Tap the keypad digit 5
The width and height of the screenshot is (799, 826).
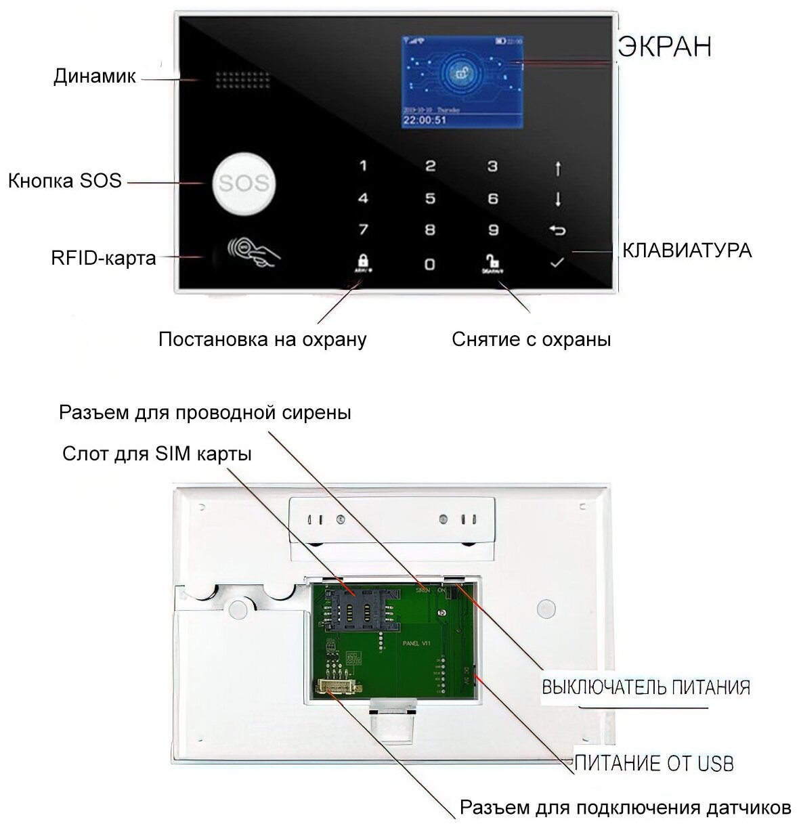pyautogui.click(x=429, y=198)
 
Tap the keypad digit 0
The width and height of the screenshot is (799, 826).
pyautogui.click(x=429, y=263)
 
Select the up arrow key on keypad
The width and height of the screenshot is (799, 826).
pyautogui.click(x=557, y=167)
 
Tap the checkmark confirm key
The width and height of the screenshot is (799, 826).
pyautogui.click(x=557, y=262)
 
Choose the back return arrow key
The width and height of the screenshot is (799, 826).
pyautogui.click(x=557, y=231)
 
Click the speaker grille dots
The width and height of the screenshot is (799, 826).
pyautogui.click(x=243, y=80)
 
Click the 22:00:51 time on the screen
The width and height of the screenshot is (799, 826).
pyautogui.click(x=425, y=121)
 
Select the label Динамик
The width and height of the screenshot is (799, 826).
pyautogui.click(x=94, y=77)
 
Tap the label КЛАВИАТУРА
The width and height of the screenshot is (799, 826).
pyautogui.click(x=686, y=251)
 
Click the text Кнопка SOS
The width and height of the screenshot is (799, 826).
pyautogui.click(x=65, y=181)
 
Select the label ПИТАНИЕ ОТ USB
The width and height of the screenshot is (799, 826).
pyautogui.click(x=654, y=763)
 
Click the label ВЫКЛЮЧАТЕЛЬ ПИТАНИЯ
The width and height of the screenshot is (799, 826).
pyautogui.click(x=646, y=688)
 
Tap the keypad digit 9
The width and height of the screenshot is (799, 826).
pyautogui.click(x=492, y=230)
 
